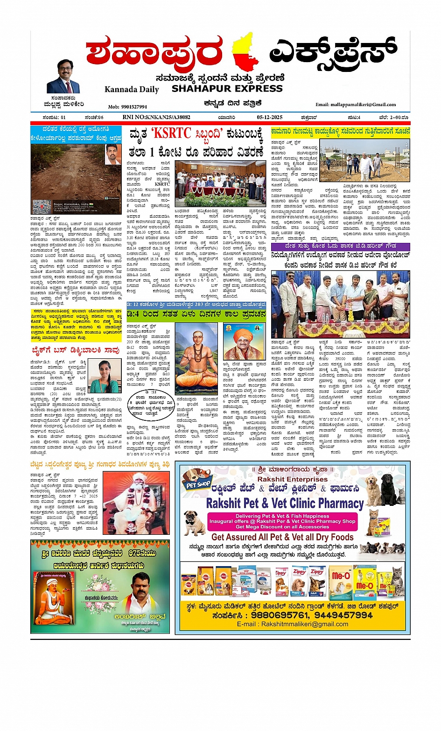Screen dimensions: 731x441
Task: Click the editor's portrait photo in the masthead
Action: pos(63,77)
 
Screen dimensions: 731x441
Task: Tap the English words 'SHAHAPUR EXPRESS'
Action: pos(227,88)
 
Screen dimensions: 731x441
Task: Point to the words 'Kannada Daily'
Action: pos(132,89)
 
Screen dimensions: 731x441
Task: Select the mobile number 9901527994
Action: pos(127,107)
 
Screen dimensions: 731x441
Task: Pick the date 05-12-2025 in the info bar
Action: pos(269,117)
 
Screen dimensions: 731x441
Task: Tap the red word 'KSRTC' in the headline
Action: pos(172,134)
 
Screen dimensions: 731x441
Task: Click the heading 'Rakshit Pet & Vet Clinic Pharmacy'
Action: pos(285,503)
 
